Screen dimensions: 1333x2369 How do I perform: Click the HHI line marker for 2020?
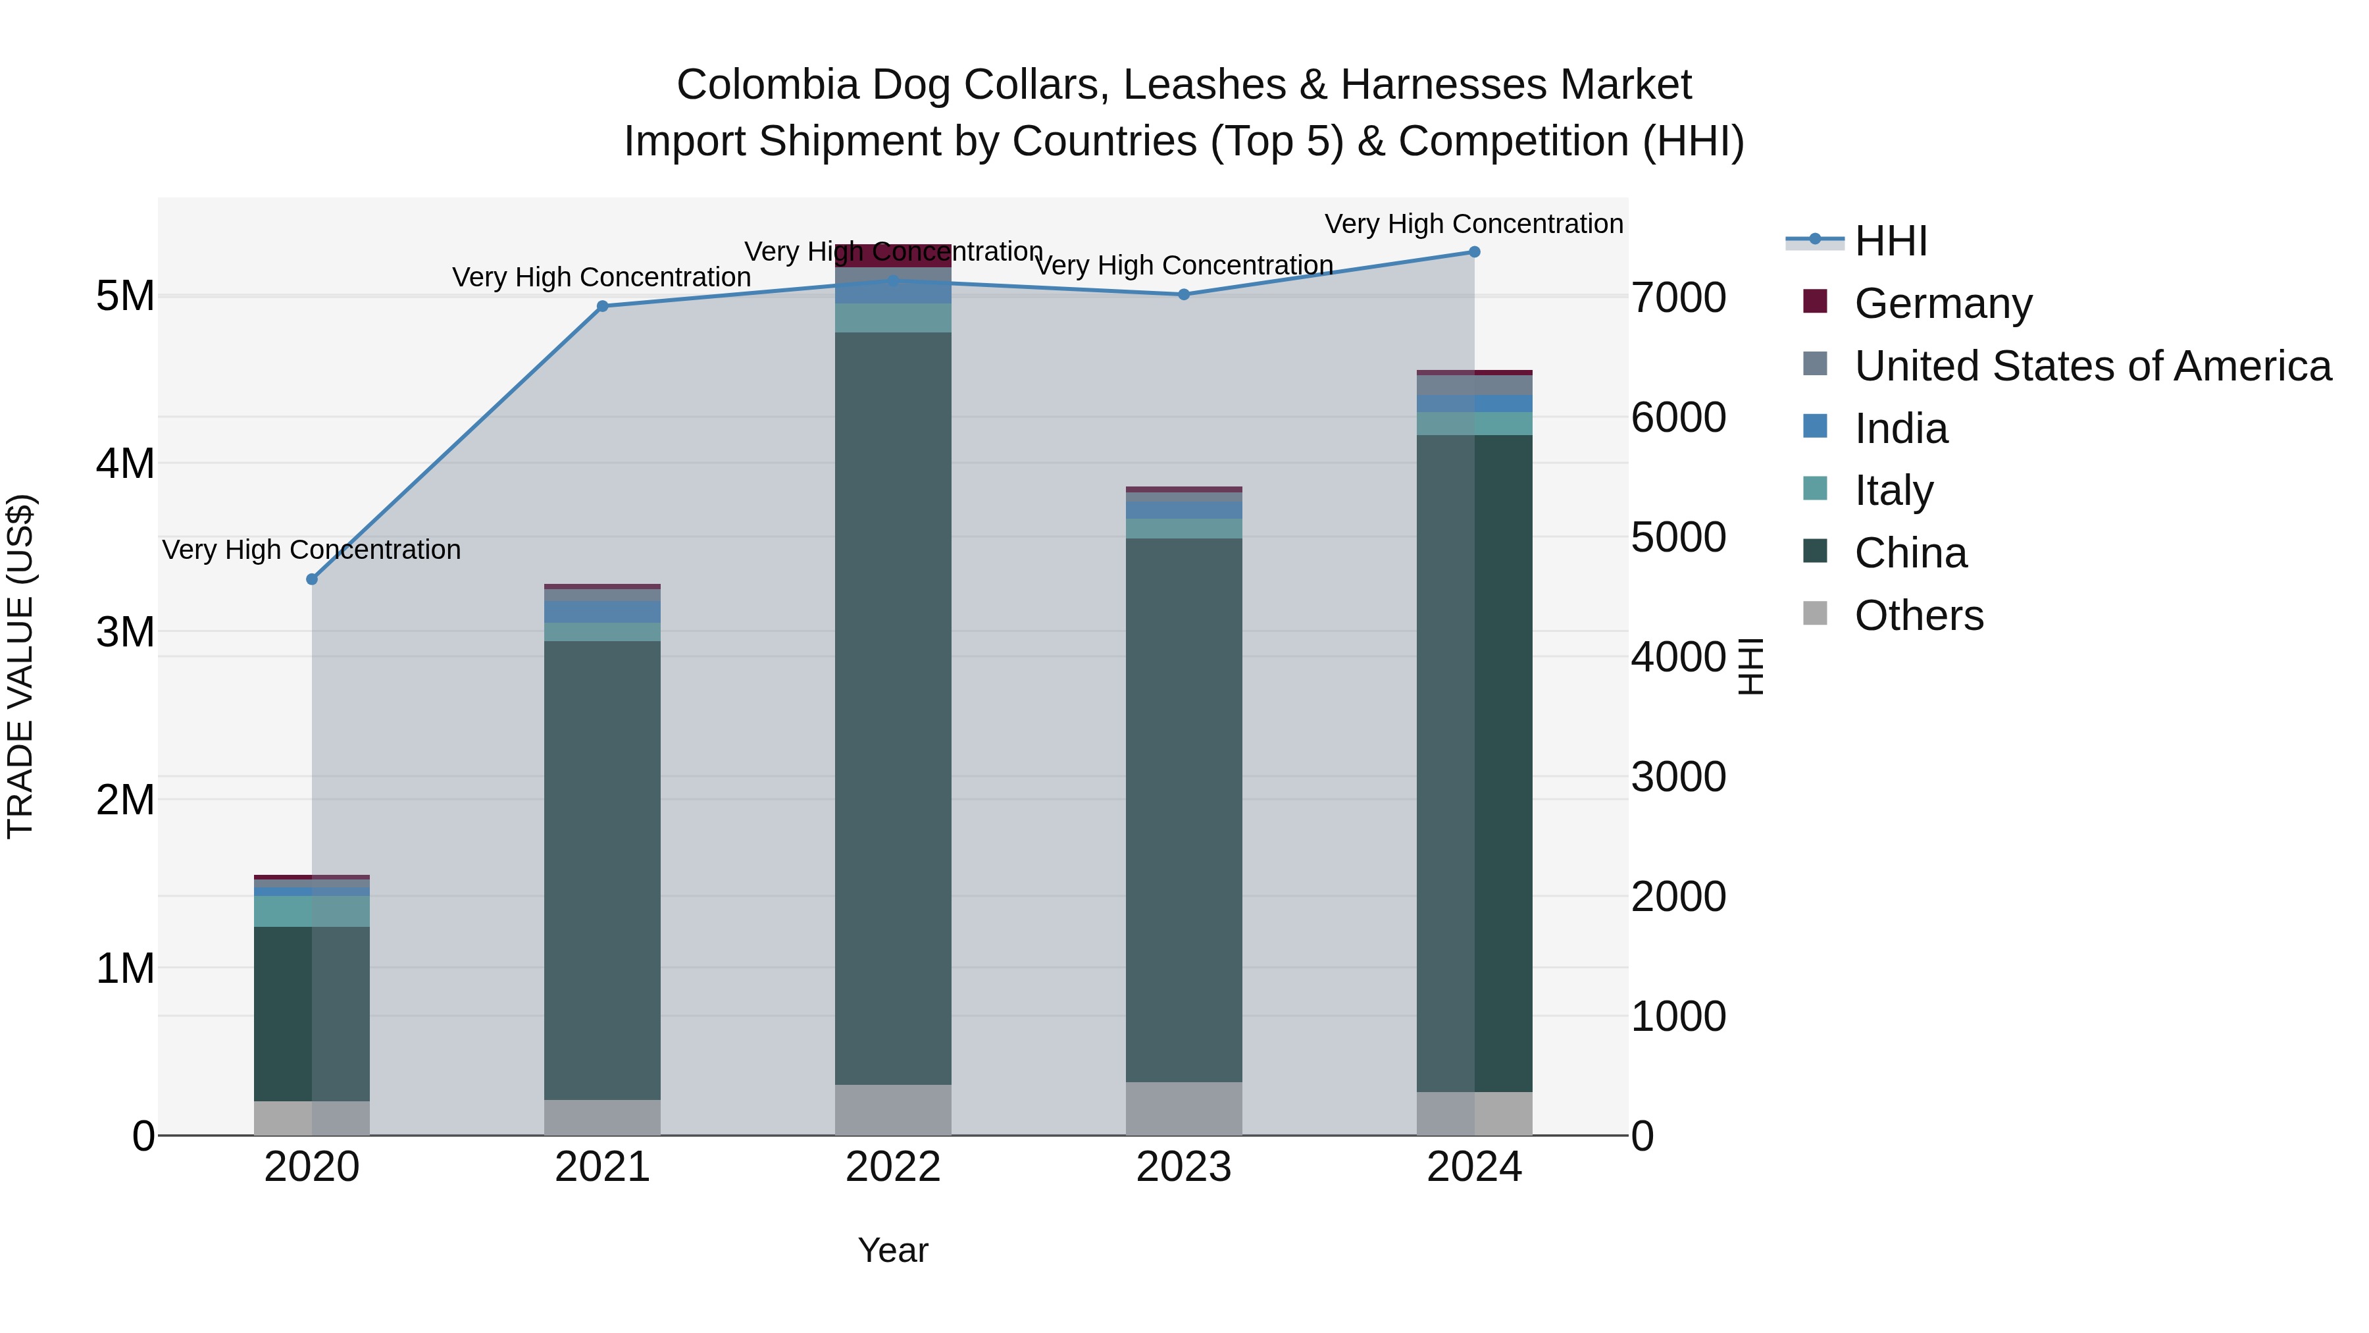click(x=312, y=579)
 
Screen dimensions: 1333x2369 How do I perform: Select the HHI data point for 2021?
click(x=602, y=306)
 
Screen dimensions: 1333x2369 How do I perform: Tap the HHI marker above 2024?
click(x=1474, y=252)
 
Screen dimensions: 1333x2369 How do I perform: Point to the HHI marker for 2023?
click(x=1184, y=294)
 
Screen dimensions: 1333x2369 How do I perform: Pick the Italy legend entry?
click(x=1893, y=490)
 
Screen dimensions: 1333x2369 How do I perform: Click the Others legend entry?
click(x=1918, y=615)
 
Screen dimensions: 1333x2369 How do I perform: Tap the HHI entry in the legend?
click(x=1891, y=241)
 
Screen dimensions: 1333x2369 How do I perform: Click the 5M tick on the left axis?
click(x=125, y=296)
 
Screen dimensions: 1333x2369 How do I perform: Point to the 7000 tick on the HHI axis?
click(x=1678, y=298)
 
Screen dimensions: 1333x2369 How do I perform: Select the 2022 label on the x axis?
click(x=893, y=1167)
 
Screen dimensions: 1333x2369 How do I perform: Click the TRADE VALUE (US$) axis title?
click(x=20, y=666)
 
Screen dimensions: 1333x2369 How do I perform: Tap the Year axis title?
click(x=893, y=1250)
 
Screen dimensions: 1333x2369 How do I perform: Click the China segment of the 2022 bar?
click(x=893, y=708)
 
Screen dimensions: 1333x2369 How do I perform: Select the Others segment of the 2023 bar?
click(x=1184, y=1109)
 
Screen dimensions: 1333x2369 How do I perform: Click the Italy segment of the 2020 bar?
click(x=312, y=912)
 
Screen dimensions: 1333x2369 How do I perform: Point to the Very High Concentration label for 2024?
click(x=1473, y=224)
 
